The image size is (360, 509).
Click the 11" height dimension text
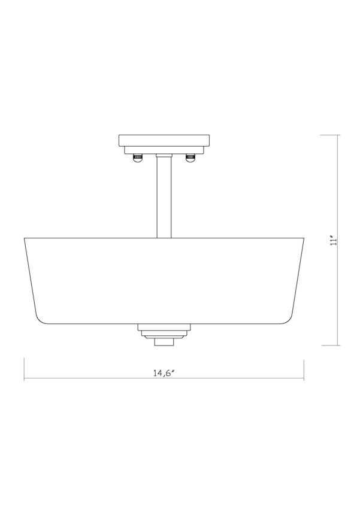click(x=339, y=240)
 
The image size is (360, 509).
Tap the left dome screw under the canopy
click(x=137, y=157)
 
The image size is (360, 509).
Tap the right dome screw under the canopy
click(x=191, y=157)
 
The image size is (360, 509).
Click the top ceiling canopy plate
click(x=164, y=142)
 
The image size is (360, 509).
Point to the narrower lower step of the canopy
click(x=164, y=150)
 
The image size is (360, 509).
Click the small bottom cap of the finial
click(x=164, y=342)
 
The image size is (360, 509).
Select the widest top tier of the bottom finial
click(x=164, y=327)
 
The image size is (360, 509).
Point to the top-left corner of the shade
click(x=24, y=238)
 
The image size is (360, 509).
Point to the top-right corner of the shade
click(x=305, y=238)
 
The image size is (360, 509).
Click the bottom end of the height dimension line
click(x=339, y=346)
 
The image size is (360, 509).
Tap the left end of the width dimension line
click(x=24, y=378)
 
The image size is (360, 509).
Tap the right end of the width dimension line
click(x=305, y=378)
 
